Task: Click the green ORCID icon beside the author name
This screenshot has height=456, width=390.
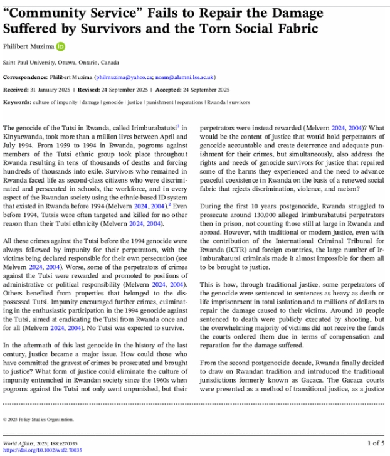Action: click(x=61, y=46)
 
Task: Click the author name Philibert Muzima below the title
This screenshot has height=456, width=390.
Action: click(x=29, y=46)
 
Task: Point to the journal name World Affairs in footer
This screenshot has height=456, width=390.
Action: click(x=19, y=443)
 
